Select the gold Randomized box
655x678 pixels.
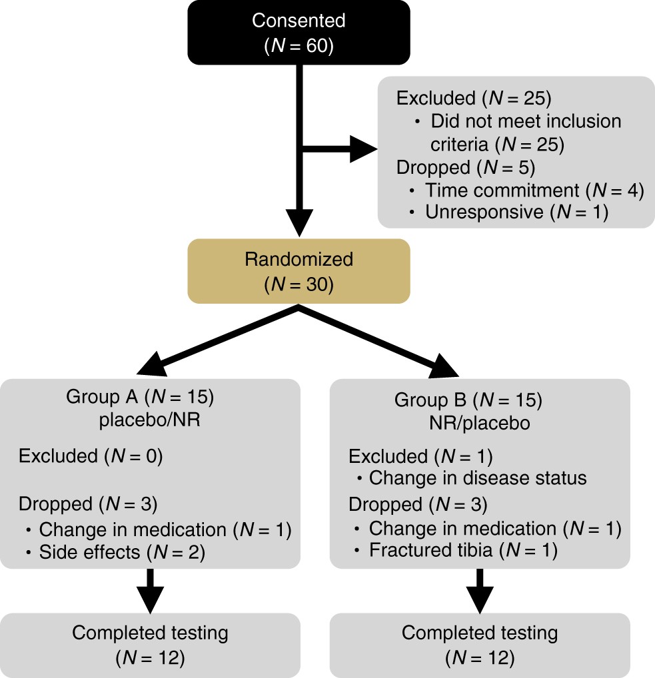[x=299, y=271]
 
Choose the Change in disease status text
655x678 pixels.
[x=478, y=478]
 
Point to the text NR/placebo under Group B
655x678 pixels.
[x=478, y=424]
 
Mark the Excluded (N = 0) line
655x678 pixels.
[x=91, y=456]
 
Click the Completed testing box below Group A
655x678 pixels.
[x=150, y=645]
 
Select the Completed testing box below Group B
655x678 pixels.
[x=479, y=645]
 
